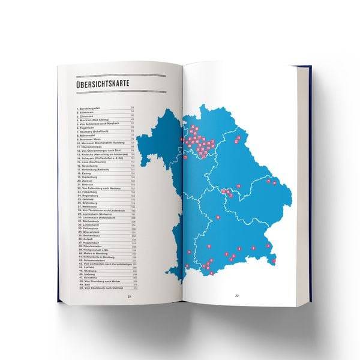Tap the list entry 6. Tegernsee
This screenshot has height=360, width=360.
pyautogui.click(x=88, y=127)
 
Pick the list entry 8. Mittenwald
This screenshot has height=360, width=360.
pyautogui.click(x=89, y=134)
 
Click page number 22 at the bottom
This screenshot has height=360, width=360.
pyautogui.click(x=127, y=296)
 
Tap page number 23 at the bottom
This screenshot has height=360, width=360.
pyautogui.click(x=236, y=295)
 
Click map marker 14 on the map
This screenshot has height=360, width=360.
pyautogui.click(x=218, y=217)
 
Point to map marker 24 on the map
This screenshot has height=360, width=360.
pyautogui.click(x=238, y=187)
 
